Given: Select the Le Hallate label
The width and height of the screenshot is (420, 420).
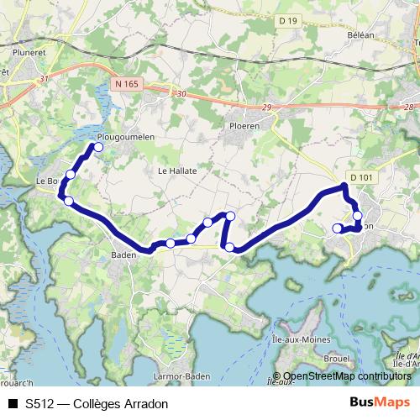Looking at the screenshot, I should [x=177, y=170].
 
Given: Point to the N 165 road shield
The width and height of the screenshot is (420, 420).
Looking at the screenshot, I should [x=127, y=83].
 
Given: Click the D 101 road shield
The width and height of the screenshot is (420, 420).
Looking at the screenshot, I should [x=360, y=176].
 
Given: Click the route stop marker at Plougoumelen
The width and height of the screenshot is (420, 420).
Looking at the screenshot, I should [x=98, y=147].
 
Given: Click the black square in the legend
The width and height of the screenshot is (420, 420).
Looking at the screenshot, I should [x=12, y=403].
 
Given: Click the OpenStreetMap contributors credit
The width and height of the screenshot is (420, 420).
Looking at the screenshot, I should [x=347, y=376].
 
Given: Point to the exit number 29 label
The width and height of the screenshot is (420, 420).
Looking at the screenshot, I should [x=267, y=109].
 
